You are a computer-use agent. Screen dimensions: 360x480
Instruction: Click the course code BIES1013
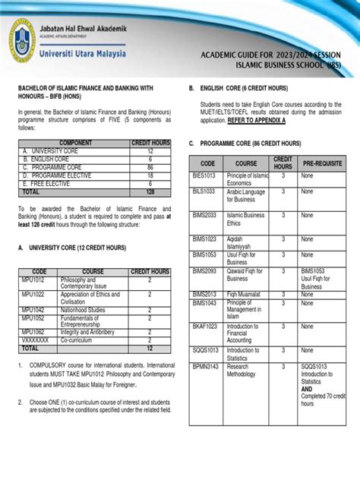point(204,175)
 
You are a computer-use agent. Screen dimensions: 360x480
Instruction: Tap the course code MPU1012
point(33,279)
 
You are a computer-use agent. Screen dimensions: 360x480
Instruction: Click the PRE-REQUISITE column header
point(323,163)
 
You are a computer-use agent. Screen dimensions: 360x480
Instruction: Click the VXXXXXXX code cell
point(36,341)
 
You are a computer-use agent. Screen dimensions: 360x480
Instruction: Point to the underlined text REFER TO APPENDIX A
point(257,121)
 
